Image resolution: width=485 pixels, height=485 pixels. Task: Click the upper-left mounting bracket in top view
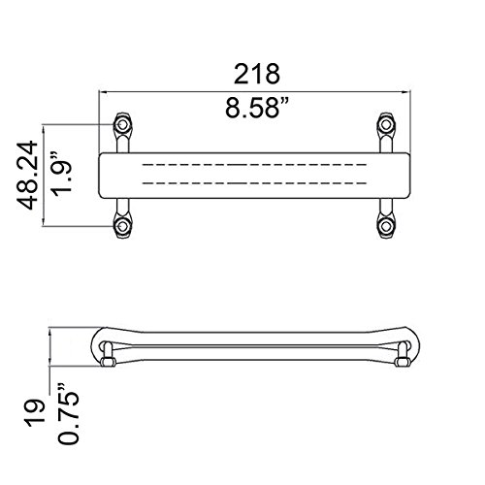123,128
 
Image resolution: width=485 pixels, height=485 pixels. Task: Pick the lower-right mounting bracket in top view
386,223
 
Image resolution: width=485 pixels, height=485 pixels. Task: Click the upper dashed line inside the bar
254,166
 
